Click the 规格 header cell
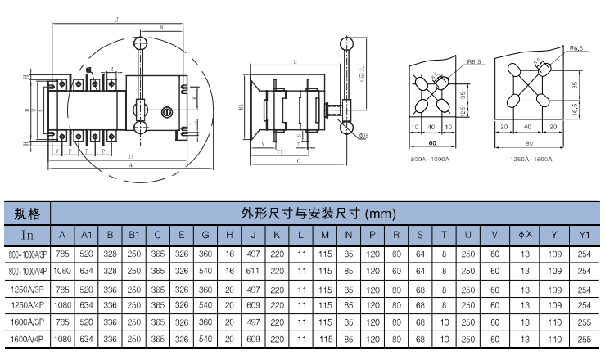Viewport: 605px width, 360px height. [x=28, y=214]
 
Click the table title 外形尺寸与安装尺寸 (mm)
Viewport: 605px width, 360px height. [x=318, y=214]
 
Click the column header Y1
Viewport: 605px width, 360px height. [x=584, y=236]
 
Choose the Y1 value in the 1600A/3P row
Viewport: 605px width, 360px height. [x=584, y=322]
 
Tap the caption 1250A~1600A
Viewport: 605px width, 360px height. [x=532, y=158]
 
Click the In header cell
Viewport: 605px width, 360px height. [x=28, y=236]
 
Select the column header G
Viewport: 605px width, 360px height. [x=205, y=236]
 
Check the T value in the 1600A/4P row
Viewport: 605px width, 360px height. [x=444, y=338]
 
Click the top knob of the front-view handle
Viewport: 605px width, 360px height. [x=140, y=43]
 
